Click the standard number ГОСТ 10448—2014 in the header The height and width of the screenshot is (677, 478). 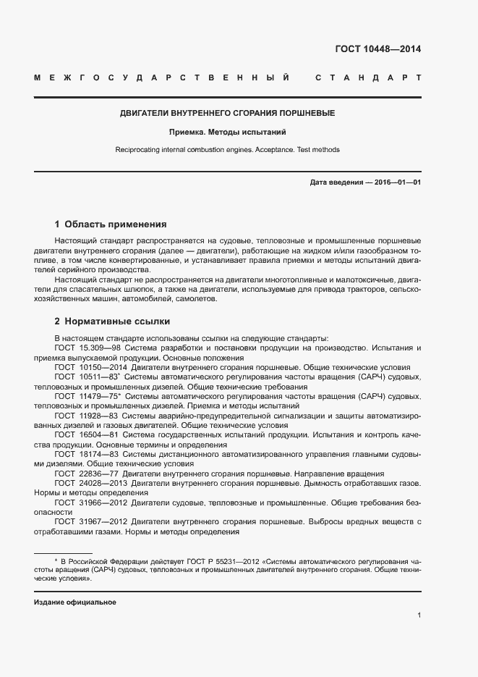377,49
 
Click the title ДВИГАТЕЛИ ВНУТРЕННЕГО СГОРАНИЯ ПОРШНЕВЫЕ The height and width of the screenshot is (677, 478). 227,114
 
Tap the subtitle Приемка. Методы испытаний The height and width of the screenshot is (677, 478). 228,133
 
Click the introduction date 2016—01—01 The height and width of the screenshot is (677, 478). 396,182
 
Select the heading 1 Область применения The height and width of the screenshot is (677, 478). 111,224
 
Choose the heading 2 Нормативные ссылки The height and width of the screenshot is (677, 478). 112,321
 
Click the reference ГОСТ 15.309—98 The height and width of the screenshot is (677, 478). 84,348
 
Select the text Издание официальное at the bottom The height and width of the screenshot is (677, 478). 75,602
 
